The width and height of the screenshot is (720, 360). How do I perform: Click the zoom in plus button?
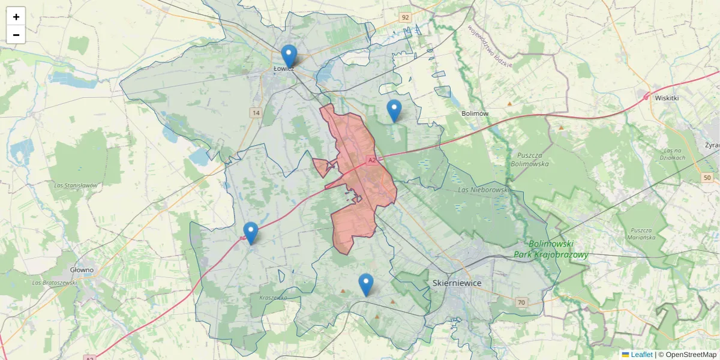coord(16,17)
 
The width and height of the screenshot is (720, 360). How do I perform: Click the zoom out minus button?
coord(16,35)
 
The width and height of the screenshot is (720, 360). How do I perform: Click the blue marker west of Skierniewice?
coord(365,284)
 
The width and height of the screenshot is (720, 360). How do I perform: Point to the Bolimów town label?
coord(475,113)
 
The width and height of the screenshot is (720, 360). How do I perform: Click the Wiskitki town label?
coord(667,98)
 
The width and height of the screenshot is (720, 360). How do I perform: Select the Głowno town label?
coord(82,270)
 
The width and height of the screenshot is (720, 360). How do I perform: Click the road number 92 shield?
coord(406,17)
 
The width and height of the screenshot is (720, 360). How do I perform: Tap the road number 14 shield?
coord(256,113)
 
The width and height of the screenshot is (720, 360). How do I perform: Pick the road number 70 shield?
coord(521,302)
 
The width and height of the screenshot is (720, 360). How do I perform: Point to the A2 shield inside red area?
coord(372,160)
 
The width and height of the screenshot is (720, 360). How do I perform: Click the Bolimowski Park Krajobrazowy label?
coord(551,249)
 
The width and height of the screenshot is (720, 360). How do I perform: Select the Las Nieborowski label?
coord(483,190)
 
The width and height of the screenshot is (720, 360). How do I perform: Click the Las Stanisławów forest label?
coord(75,185)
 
